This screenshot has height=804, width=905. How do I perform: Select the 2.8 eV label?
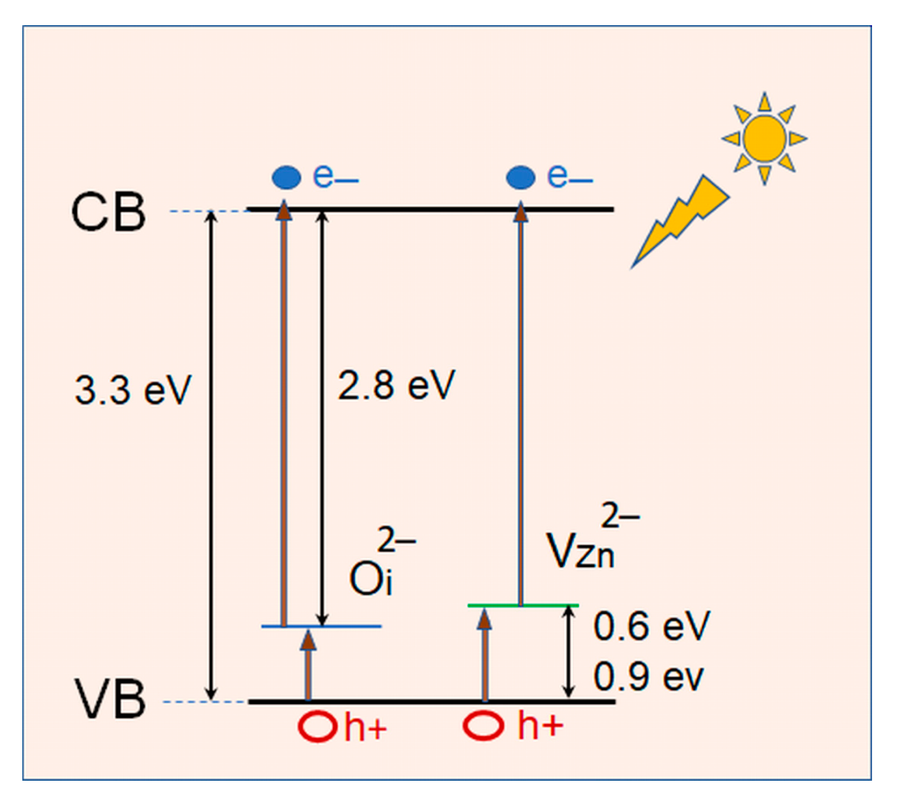point(396,385)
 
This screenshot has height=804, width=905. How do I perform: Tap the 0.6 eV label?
point(651,626)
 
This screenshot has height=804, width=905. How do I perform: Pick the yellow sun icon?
point(764,139)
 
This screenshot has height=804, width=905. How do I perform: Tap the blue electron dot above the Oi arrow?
point(287,177)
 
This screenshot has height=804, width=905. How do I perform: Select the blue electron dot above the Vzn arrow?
point(520,177)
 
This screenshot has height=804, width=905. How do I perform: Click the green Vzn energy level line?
point(523,605)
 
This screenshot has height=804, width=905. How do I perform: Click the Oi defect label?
point(372,577)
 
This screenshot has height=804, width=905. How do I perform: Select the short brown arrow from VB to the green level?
point(484,654)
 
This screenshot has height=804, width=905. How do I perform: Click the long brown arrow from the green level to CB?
point(520,407)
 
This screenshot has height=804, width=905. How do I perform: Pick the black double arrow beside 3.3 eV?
point(210,456)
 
